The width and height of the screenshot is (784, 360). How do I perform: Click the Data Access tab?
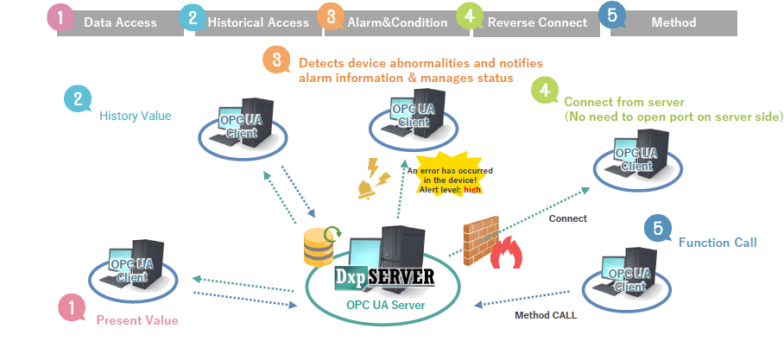120,22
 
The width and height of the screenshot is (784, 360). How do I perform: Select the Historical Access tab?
257,22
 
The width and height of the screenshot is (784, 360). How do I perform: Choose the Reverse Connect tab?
536,22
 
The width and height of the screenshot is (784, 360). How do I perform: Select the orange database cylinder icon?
317,249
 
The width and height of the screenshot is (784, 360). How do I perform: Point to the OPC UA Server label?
385,304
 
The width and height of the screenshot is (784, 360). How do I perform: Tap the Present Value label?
137,320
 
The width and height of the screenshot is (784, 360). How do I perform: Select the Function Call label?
718,243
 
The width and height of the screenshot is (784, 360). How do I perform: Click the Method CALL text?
546,315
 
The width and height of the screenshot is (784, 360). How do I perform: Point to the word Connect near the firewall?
568,218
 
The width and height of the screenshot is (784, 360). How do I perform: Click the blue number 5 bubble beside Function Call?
659,229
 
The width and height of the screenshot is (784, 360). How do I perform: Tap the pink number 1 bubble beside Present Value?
72,306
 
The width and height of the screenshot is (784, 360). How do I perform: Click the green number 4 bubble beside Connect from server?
544,91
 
